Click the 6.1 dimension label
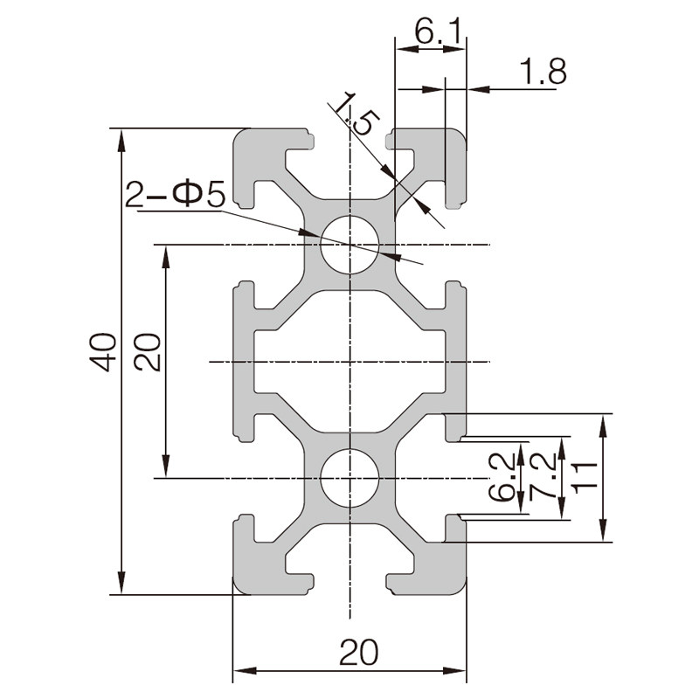click(438, 31)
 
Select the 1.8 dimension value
click(543, 72)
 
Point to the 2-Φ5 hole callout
click(176, 194)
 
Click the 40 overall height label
click(103, 352)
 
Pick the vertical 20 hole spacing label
click(148, 352)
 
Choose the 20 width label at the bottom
click(358, 652)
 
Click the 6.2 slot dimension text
click(502, 477)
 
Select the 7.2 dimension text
click(543, 476)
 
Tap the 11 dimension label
click(584, 478)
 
